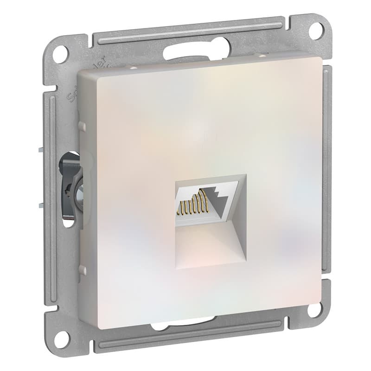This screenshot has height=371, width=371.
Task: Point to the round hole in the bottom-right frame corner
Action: click(315, 309)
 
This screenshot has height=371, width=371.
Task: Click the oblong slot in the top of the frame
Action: click(197, 53)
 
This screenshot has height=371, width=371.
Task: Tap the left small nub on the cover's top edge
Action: click(133, 67)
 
